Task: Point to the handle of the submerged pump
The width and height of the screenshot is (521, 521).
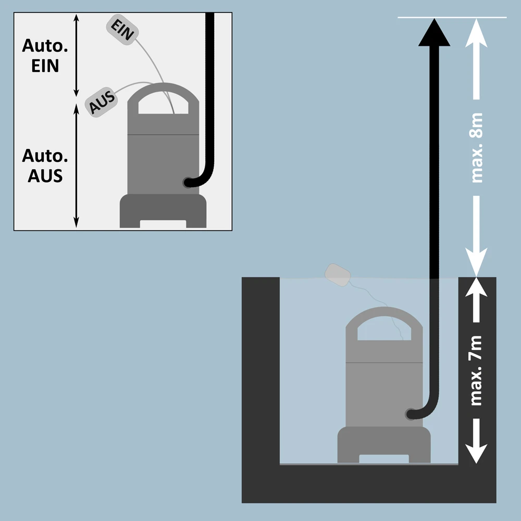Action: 384,315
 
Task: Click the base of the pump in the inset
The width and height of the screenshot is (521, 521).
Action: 163,211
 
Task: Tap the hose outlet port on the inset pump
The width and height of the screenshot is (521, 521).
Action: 187,182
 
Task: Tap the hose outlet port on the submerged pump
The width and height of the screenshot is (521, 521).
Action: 410,414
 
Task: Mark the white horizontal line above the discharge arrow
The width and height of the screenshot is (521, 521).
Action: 452,18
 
